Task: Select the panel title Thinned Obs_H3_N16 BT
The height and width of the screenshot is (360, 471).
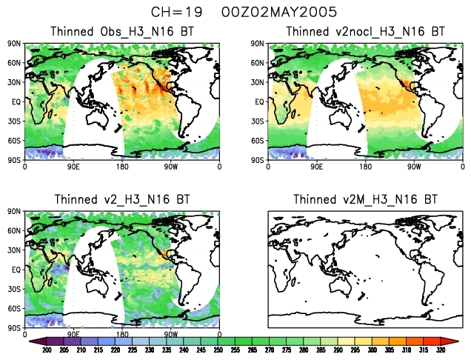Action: point(123,32)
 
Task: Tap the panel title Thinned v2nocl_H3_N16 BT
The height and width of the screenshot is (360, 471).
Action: point(365,32)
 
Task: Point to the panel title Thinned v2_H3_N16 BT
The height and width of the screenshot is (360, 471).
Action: point(123,199)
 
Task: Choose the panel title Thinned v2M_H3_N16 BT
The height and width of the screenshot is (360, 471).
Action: point(365,199)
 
